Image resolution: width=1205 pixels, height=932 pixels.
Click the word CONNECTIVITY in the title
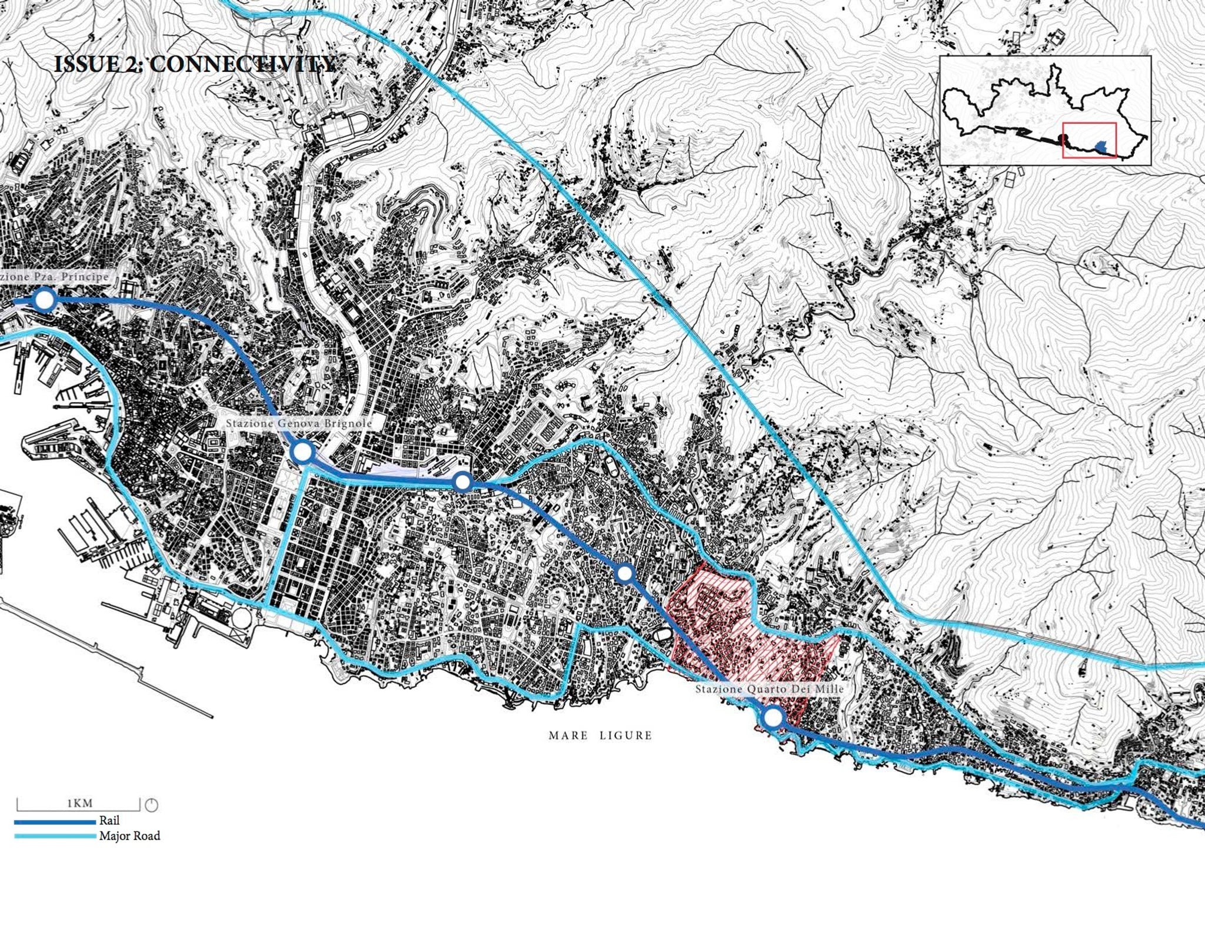242,64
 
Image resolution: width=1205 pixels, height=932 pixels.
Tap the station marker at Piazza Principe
44,300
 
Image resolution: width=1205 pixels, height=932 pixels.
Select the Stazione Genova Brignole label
299,423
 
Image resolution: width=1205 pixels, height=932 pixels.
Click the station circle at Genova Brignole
302,452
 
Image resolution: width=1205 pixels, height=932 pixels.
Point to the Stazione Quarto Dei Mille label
770,689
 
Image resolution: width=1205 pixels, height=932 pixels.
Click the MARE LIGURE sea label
600,735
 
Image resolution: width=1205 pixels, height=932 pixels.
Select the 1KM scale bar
78,804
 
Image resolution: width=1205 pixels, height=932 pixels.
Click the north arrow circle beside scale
151,805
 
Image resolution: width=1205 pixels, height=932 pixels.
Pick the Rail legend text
109,820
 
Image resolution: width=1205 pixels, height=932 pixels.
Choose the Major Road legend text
129,835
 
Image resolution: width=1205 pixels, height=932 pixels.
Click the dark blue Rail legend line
55,821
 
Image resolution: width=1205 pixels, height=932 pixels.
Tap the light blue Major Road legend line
55,836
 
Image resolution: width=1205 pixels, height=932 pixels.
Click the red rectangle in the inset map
1089,140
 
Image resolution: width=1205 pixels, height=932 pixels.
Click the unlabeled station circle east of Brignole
463,482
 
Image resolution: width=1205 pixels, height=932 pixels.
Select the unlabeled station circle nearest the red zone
625,573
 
